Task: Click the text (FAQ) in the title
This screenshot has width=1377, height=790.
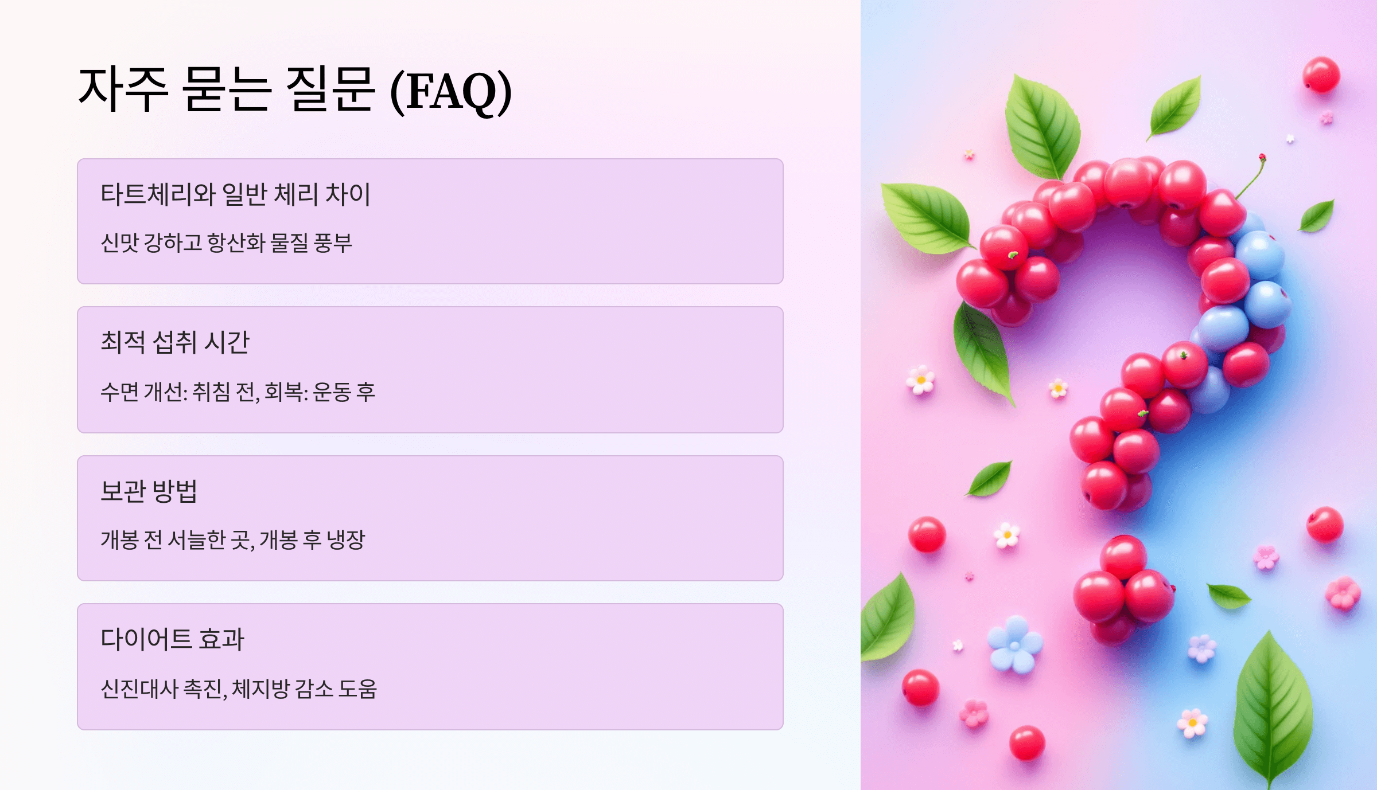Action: [451, 92]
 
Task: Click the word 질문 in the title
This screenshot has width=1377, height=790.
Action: [329, 89]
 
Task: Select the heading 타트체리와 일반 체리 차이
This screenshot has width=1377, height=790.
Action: [235, 194]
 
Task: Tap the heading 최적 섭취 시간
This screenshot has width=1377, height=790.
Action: [175, 342]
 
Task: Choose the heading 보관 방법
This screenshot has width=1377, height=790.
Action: [149, 491]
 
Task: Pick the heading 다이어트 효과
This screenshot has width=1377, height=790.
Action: [173, 639]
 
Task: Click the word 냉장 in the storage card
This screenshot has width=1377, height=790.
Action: [345, 539]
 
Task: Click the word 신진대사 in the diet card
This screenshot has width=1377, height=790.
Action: [139, 689]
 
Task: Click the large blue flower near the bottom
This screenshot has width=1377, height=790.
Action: [1015, 644]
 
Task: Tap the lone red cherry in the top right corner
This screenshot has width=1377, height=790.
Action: [1321, 75]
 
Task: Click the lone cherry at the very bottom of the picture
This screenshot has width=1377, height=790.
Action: [1026, 743]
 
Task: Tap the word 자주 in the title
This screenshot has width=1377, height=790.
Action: [123, 89]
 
